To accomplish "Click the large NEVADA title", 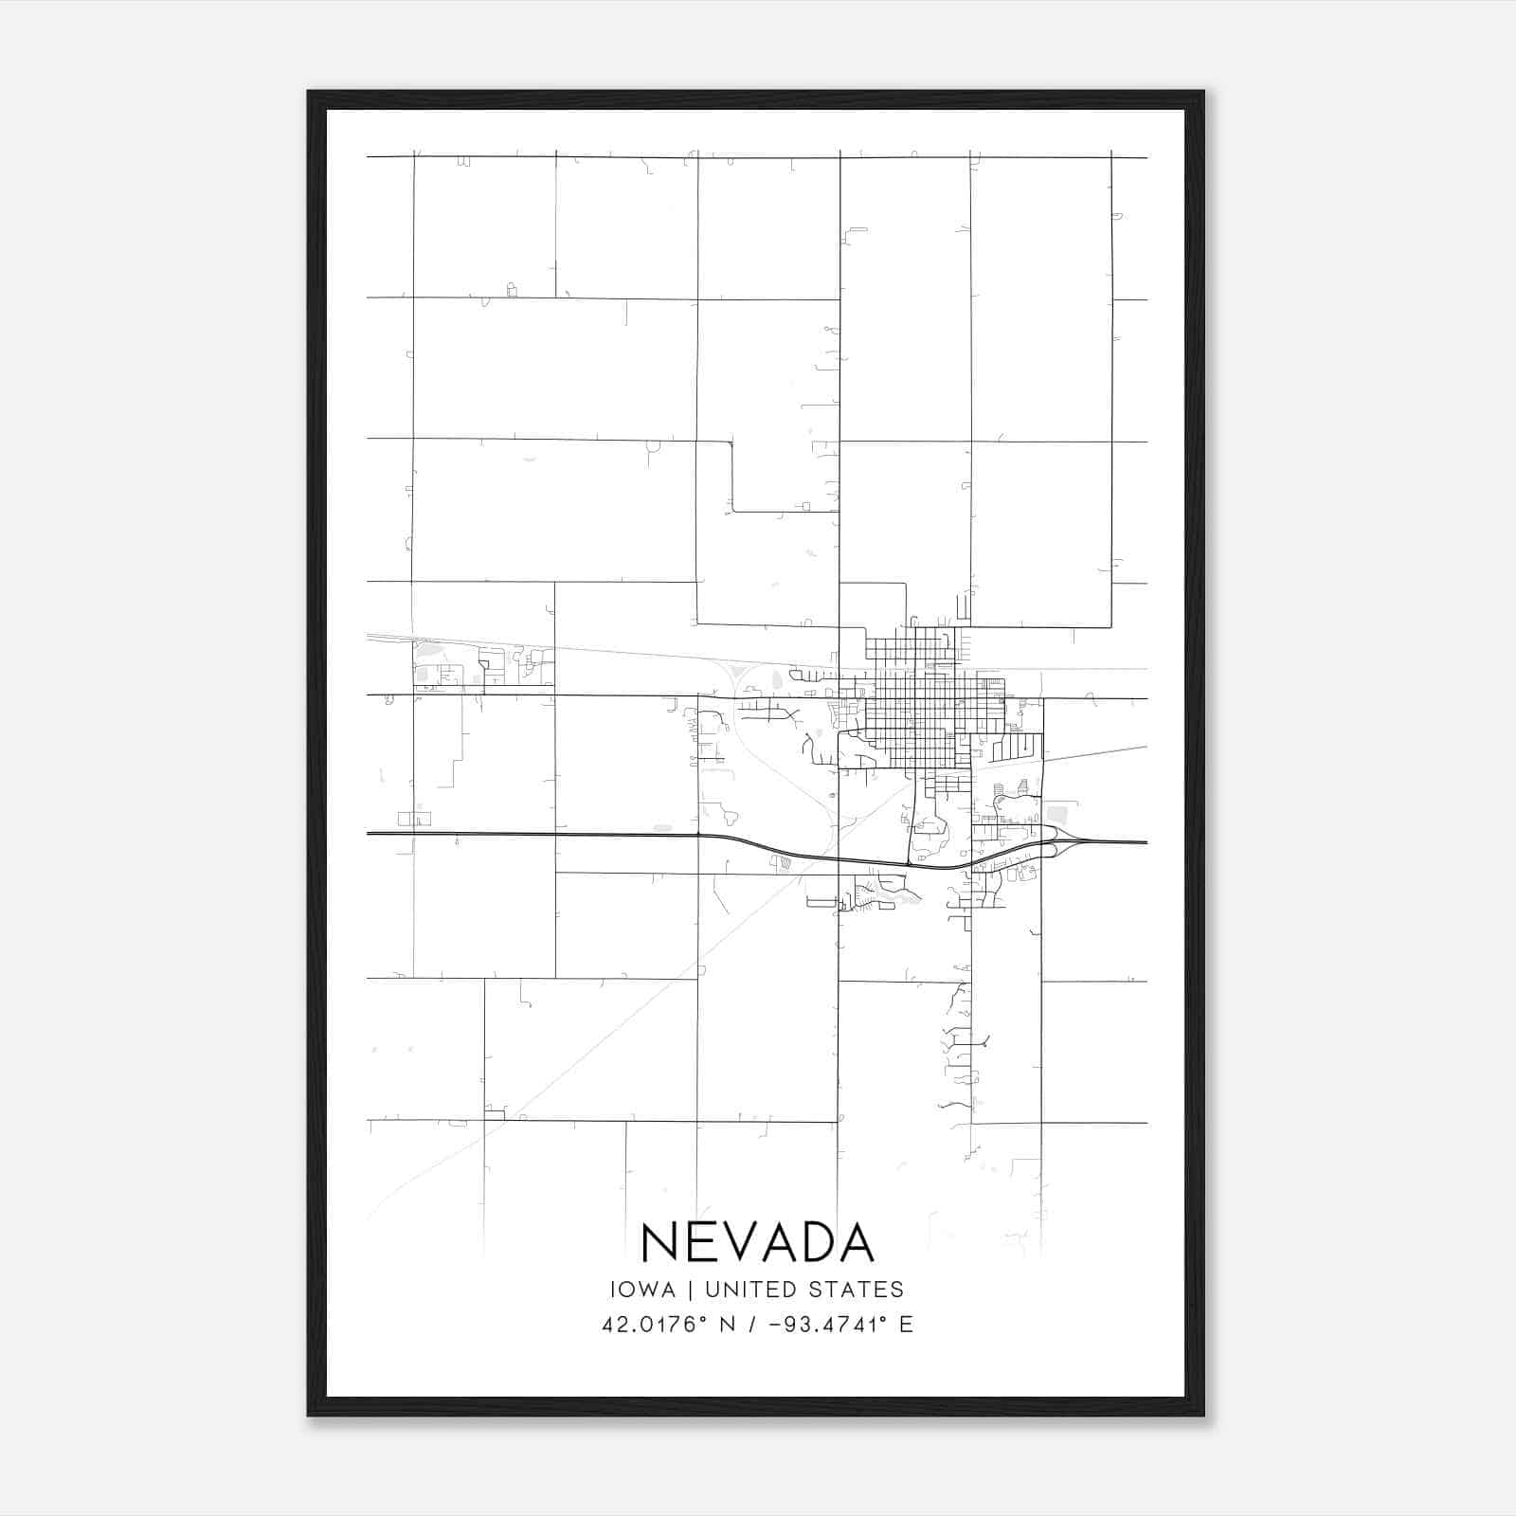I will [757, 1242].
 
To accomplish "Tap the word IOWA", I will [642, 1290].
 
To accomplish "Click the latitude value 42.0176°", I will [655, 1325].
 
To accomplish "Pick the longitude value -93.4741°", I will [827, 1325].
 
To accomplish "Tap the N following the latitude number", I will [728, 1325].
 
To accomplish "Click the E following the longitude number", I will [906, 1325].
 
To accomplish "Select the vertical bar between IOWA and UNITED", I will [691, 1290].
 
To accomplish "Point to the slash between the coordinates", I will [752, 1325].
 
